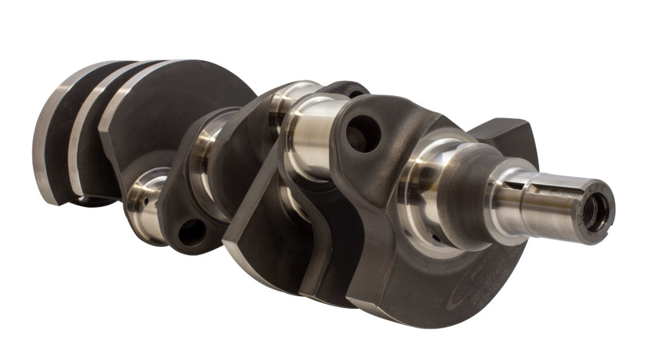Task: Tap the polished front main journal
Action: [x=424, y=190]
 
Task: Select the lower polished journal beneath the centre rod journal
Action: [x=294, y=206]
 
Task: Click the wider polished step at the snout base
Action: [x=506, y=199]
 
